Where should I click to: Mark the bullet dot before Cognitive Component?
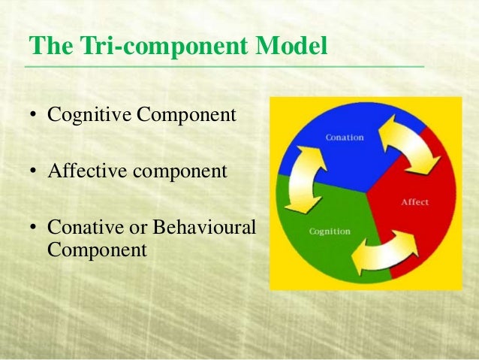(33, 116)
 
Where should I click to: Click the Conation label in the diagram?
(344, 138)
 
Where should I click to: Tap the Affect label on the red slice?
(415, 202)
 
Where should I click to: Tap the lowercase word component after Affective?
(181, 171)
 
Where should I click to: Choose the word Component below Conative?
(97, 249)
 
